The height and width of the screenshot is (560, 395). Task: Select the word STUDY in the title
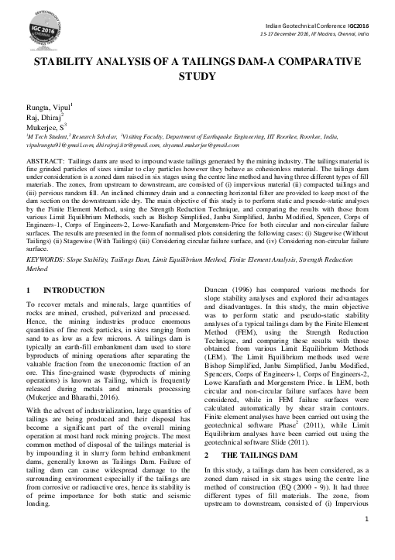[198, 77]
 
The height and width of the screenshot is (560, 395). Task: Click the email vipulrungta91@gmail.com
[50, 145]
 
